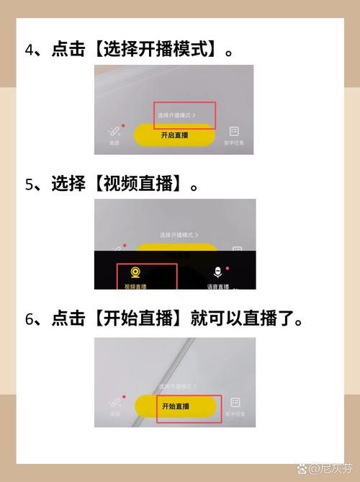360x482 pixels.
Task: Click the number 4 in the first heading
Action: click(x=31, y=50)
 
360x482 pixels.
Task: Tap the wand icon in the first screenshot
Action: click(x=114, y=131)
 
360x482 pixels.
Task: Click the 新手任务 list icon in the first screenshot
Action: click(x=234, y=131)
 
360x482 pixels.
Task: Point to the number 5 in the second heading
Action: click(x=31, y=184)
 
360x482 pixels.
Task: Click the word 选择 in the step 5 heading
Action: click(x=66, y=184)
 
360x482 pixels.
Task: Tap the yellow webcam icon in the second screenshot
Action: click(x=135, y=272)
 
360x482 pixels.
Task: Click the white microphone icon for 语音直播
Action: click(x=217, y=272)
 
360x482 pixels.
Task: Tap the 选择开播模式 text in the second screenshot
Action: click(x=178, y=235)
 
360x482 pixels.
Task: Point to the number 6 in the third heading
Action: click(x=31, y=319)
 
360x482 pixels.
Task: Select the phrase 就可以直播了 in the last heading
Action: click(x=244, y=319)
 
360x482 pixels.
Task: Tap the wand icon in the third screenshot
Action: click(x=114, y=403)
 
